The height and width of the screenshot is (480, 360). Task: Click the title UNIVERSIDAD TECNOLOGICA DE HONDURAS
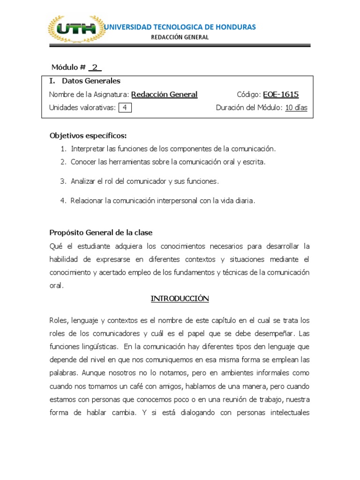tap(180, 27)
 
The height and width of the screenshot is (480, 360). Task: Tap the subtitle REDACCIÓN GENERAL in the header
tap(180, 37)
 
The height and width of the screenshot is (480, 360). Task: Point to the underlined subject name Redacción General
tap(165, 94)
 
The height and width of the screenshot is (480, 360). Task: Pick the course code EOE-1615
tap(281, 94)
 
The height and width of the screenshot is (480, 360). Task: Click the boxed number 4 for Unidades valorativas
tap(125, 108)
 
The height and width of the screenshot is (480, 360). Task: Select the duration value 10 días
tap(296, 108)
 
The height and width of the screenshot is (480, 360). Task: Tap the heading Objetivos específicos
tap(88, 136)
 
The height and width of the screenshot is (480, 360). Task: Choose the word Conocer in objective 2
tap(83, 162)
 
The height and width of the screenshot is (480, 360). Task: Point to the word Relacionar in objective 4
tap(87, 201)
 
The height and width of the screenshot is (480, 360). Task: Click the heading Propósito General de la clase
tap(101, 233)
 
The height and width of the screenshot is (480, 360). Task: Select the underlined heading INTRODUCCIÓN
tap(180, 299)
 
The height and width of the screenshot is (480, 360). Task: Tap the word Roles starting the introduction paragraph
tap(58, 321)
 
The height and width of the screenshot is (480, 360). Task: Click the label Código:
tap(249, 94)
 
